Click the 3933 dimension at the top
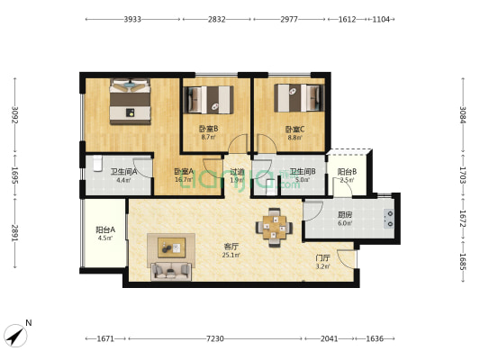[x=132, y=18]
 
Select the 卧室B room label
[x=209, y=129]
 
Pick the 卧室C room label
[x=295, y=129]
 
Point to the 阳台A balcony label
[x=104, y=230]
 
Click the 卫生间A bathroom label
[x=123, y=172]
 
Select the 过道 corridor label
[x=237, y=172]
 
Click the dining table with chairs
[x=276, y=226]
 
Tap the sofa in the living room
[x=169, y=270]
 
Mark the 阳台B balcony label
[x=347, y=172]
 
